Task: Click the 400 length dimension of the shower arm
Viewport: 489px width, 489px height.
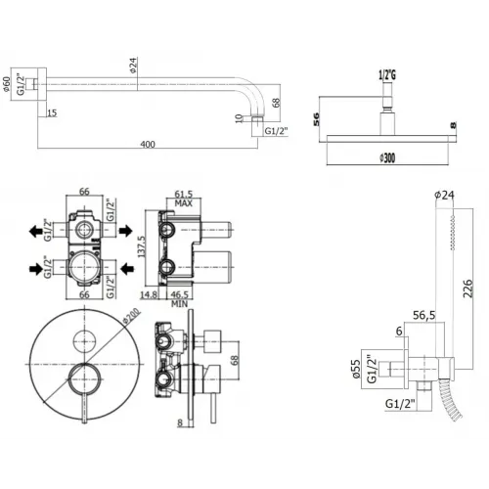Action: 148,145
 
